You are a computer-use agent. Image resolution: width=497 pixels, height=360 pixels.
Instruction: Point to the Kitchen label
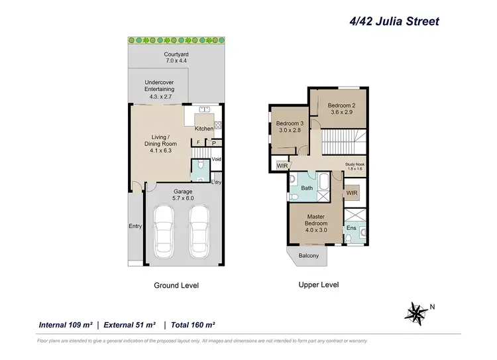coord(204,129)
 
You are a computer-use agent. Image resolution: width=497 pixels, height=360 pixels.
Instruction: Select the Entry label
coord(135,226)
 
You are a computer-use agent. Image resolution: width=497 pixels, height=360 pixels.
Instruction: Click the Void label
coord(217,160)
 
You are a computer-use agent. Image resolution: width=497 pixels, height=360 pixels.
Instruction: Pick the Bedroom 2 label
coord(342,108)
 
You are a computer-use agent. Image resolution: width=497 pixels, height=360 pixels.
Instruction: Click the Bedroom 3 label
coord(289,127)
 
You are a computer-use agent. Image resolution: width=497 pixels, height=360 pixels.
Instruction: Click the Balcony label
coord(309,256)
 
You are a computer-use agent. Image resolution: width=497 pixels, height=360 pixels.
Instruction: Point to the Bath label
coord(307,188)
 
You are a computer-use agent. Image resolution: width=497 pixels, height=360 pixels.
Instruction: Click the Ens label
coord(352,228)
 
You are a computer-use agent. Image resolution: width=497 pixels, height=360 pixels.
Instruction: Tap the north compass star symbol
coord(416,311)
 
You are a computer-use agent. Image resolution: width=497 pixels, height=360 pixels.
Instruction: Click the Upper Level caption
coord(318,284)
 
